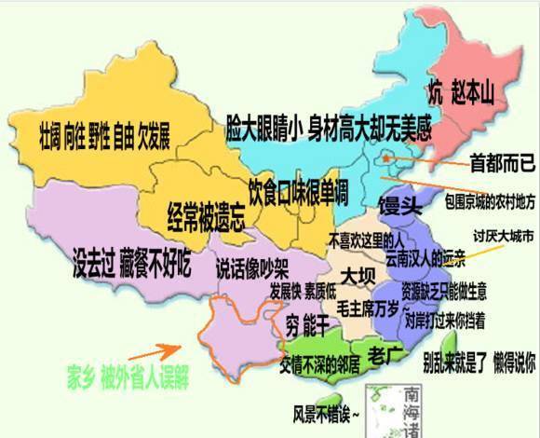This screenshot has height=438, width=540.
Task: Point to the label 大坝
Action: coord(358,276)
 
